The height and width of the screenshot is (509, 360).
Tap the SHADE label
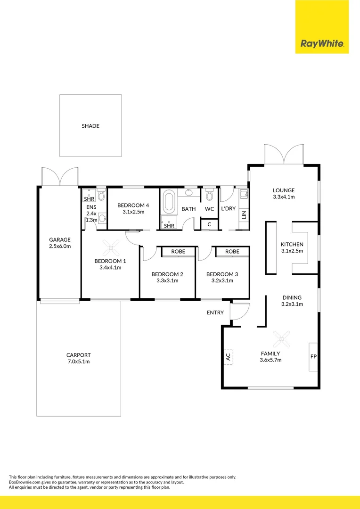(90, 126)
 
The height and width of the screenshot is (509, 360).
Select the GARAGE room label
(59, 239)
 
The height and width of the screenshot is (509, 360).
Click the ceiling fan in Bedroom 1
(111, 245)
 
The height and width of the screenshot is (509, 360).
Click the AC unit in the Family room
(228, 357)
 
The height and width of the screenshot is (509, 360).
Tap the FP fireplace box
(313, 357)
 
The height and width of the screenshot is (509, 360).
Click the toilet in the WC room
(210, 195)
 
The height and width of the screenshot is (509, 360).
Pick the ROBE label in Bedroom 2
(178, 252)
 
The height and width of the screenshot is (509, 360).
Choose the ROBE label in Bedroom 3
(232, 252)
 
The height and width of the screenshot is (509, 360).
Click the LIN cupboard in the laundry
(244, 215)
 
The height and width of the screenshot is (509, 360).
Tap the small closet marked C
(209, 224)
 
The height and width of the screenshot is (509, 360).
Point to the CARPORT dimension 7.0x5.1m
(79, 362)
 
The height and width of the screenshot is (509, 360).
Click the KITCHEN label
(292, 245)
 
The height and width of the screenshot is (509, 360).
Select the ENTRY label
(215, 313)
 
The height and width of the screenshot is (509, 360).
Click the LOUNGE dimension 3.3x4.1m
(284, 197)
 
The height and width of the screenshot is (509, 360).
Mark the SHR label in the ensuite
(89, 199)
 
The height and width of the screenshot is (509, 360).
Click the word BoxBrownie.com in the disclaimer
(25, 482)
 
